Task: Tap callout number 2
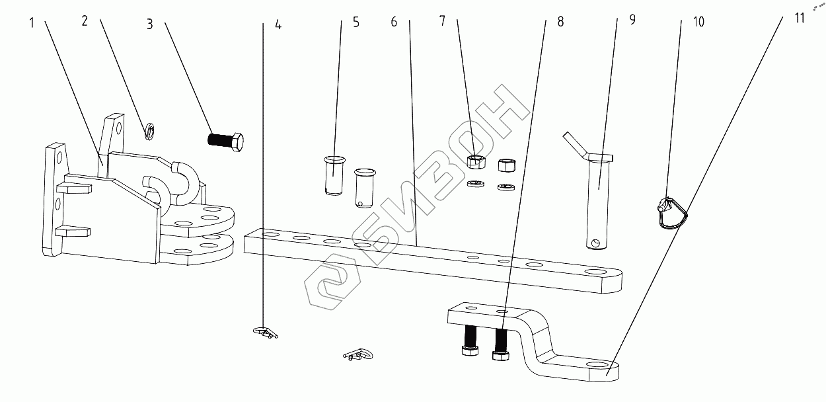click(x=85, y=20)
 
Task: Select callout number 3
click(x=150, y=24)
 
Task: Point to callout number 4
click(x=278, y=26)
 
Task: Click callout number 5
click(x=356, y=22)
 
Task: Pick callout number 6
click(x=394, y=21)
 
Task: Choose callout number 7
click(x=443, y=20)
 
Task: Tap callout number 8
click(x=560, y=21)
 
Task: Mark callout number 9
click(x=632, y=19)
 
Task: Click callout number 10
click(x=698, y=22)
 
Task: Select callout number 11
click(x=800, y=18)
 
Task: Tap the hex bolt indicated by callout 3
click(x=225, y=140)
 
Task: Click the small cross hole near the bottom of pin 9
click(x=597, y=243)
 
